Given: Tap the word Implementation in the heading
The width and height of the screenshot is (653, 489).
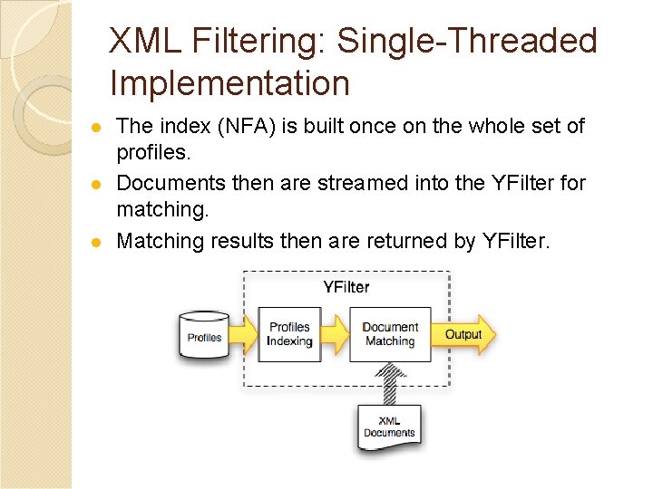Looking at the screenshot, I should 229,84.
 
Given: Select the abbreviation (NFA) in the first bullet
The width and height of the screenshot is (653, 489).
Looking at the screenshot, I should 244,126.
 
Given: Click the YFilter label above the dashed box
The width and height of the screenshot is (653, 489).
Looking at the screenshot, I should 346,287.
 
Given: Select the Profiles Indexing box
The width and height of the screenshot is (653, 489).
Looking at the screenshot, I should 289,334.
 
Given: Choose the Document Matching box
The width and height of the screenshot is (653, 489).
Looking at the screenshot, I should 390,334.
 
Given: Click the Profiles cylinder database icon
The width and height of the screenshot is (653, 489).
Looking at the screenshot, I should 204,337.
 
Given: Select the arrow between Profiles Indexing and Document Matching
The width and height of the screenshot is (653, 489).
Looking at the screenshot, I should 336,334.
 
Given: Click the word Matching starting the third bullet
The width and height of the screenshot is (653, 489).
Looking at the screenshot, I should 161,241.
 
